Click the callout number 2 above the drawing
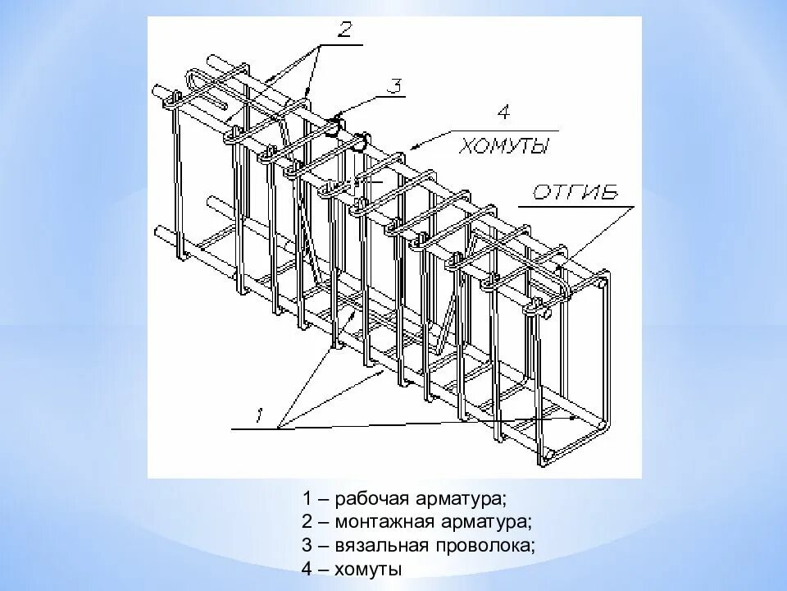[344, 31]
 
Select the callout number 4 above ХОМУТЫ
[503, 113]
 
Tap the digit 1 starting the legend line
[307, 498]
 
